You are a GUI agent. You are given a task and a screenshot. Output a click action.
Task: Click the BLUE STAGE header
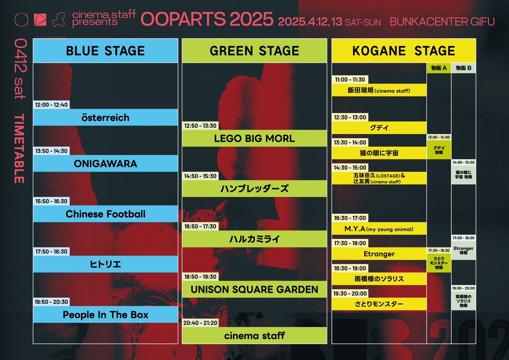click(x=105, y=51)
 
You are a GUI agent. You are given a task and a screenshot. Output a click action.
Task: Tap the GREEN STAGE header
click(x=255, y=51)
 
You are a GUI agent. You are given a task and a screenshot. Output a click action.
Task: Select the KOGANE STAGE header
click(x=403, y=51)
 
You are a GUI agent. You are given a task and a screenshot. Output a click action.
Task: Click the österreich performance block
click(x=105, y=118)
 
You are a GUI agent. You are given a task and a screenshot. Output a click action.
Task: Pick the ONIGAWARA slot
click(x=105, y=163)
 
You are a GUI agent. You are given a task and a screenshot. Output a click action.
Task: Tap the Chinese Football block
click(x=105, y=214)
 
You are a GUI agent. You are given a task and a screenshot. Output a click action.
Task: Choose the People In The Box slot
click(x=105, y=315)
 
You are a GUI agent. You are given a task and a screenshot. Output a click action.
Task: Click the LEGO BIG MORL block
click(x=255, y=138)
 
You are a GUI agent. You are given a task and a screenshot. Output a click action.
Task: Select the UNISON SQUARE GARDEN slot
click(x=255, y=290)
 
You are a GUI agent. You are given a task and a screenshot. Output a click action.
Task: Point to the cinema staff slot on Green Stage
click(x=255, y=335)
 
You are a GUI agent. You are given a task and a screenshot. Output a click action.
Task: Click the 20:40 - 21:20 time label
click(x=200, y=323)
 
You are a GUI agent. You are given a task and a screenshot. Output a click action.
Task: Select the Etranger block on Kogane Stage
click(x=379, y=254)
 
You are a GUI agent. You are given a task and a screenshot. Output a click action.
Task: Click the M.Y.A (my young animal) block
click(x=379, y=229)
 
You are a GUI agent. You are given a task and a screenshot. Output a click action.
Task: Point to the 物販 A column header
click(x=439, y=68)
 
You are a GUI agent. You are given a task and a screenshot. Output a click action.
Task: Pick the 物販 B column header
click(x=463, y=68)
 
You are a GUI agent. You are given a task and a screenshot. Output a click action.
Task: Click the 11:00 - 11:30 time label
click(x=350, y=79)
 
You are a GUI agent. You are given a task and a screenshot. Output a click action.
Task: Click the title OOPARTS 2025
click(x=207, y=19)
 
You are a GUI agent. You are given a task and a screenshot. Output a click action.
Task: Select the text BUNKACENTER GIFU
click(x=442, y=21)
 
